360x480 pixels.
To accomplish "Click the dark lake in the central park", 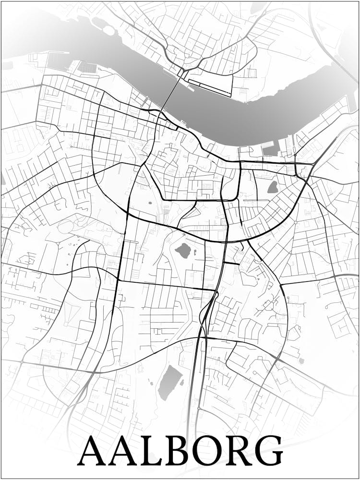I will [183, 250].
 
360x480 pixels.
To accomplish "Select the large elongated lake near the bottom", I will [169, 383].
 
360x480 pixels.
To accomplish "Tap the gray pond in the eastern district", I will [273, 187].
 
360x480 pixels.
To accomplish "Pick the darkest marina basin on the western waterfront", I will [87, 68].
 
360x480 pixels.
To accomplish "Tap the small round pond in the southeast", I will [301, 360].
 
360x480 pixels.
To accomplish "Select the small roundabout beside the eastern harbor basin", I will [295, 155].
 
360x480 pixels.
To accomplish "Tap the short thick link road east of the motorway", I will [231, 263].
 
